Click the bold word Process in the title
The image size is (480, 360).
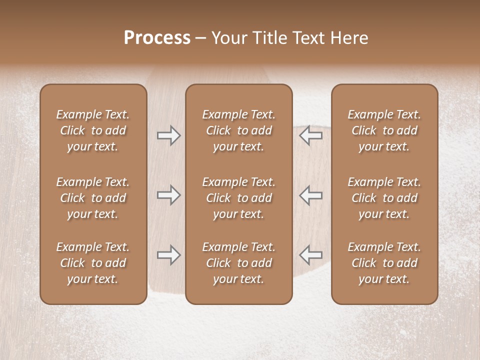[x=157, y=37]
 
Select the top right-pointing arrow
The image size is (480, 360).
[x=169, y=135]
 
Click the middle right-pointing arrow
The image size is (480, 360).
[x=169, y=195]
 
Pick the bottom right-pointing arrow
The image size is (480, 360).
[x=169, y=255]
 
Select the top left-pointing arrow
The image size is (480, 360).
[x=310, y=135]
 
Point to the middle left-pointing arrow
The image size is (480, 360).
[x=310, y=195]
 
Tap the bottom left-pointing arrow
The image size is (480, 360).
[x=310, y=255]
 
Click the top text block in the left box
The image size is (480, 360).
[x=93, y=130]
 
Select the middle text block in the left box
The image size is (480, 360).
[x=93, y=198]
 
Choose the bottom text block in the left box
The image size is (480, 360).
[x=93, y=263]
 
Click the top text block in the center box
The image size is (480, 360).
[x=239, y=130]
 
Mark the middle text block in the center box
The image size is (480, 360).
[x=239, y=198]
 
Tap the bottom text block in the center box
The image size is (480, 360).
[x=239, y=263]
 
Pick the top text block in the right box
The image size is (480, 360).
[x=384, y=130]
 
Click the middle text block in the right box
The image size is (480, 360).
[x=384, y=198]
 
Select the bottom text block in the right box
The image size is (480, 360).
[x=384, y=263]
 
